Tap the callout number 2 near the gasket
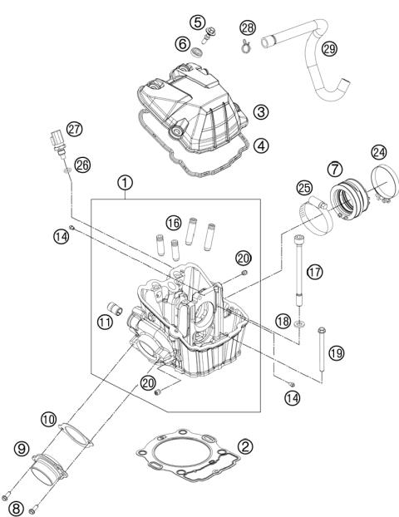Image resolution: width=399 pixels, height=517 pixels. (244, 446)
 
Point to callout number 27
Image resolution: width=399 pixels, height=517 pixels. (76, 129)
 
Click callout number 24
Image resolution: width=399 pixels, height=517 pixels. (379, 151)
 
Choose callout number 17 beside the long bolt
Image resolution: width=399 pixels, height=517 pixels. (313, 272)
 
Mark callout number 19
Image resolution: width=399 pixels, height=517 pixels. (335, 353)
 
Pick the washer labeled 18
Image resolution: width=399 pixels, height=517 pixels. (296, 338)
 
